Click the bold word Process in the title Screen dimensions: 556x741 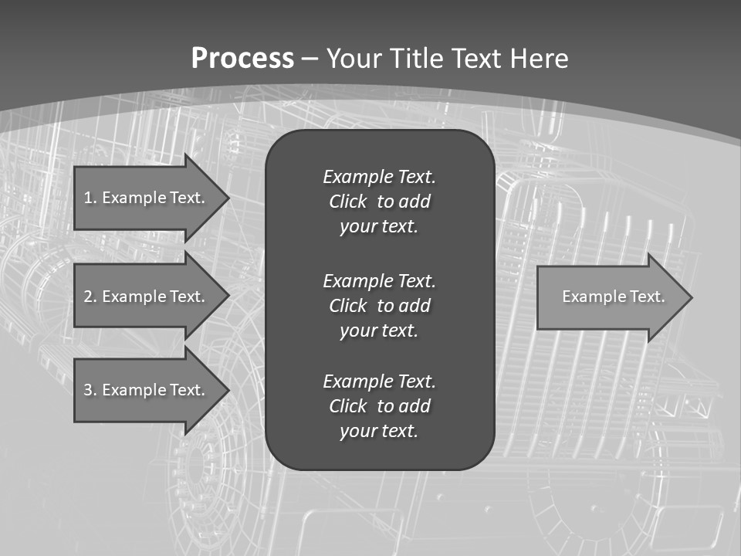pos(242,59)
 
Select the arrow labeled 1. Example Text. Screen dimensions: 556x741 pos(147,198)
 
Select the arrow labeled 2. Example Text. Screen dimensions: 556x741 pos(147,297)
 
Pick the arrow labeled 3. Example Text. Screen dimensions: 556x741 pos(147,390)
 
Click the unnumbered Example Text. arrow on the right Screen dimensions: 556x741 pos(610,297)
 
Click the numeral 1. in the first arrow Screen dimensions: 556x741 pos(90,198)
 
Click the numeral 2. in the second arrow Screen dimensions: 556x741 pos(90,297)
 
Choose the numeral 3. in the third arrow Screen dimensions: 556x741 pos(90,390)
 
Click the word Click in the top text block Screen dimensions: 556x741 pos(347,202)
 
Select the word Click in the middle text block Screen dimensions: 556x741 pos(347,306)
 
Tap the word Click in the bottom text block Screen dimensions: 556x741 pos(347,406)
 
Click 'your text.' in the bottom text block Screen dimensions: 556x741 pos(379,431)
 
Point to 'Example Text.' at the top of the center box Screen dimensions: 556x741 pos(379,177)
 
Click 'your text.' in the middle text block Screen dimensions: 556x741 pos(379,331)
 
